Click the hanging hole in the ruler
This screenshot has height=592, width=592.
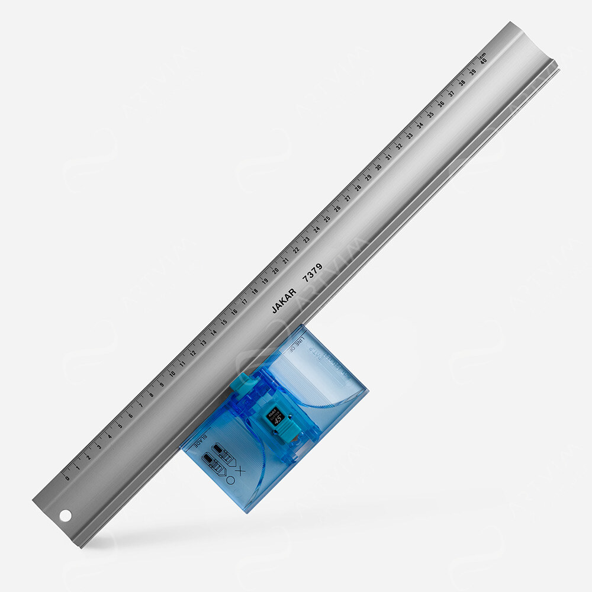65,516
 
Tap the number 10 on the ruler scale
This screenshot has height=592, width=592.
172,374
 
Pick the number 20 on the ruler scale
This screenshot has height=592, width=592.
275,270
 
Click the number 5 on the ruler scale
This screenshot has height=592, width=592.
120,425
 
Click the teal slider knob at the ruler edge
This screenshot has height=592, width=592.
242,384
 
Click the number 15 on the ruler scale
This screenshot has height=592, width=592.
224,321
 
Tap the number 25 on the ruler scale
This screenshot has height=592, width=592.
327,218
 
